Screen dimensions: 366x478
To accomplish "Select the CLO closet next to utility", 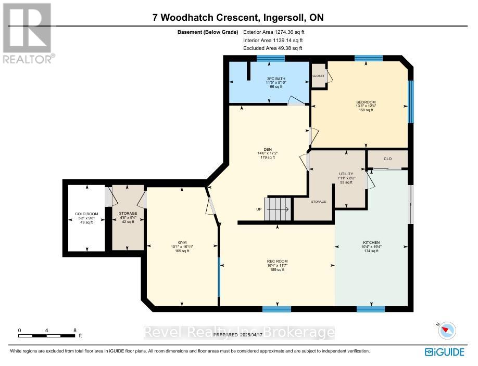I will click(x=387, y=159).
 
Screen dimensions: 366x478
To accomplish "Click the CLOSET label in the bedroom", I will click(x=318, y=76).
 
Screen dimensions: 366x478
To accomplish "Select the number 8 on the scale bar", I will click(x=75, y=330).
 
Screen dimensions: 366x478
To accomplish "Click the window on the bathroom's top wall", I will click(x=270, y=58).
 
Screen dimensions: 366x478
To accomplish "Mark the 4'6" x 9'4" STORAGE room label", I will click(x=128, y=217).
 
